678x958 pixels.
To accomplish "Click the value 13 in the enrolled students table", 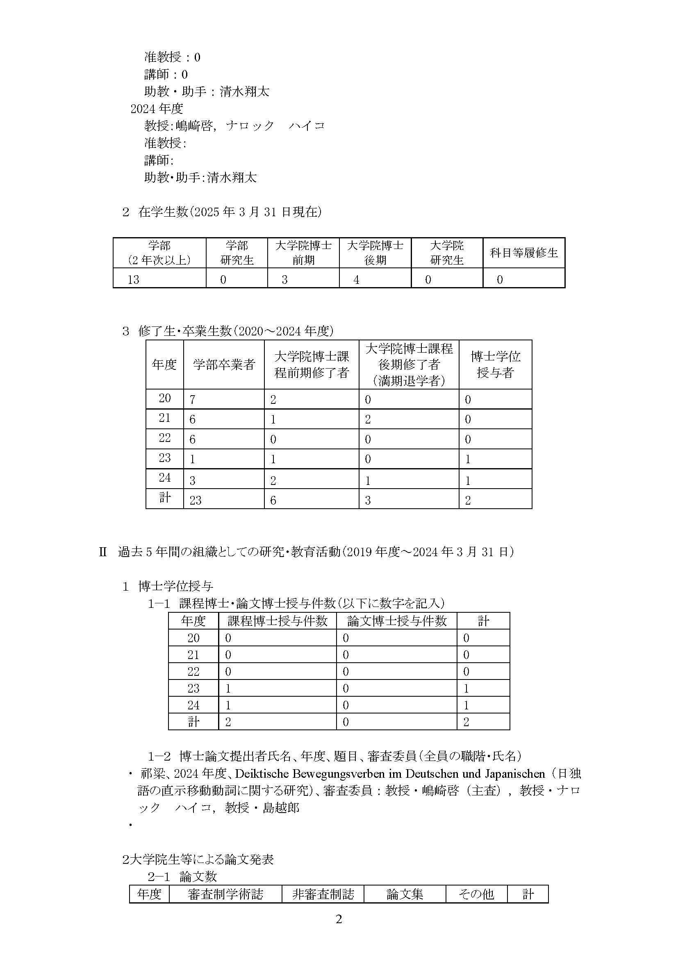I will click(x=134, y=280).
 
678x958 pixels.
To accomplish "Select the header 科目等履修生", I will click(x=523, y=253).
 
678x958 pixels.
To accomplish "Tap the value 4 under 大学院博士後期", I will click(x=356, y=280).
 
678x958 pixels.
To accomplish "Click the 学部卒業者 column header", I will click(x=224, y=365).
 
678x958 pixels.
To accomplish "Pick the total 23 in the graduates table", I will click(x=196, y=500).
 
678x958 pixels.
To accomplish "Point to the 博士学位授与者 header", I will click(x=495, y=364).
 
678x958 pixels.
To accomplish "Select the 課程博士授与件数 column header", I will click(x=277, y=621).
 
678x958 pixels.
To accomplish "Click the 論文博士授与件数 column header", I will click(x=397, y=621).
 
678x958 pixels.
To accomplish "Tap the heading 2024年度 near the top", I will click(x=157, y=109).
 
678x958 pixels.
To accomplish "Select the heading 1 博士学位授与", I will click(x=168, y=586).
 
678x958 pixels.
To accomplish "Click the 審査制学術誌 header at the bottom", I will click(x=225, y=894).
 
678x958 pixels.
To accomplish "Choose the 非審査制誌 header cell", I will click(x=323, y=894).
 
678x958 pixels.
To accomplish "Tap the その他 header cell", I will click(x=476, y=894).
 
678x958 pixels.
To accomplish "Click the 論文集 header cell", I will click(x=405, y=894).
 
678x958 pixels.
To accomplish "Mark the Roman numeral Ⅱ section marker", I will click(x=103, y=552).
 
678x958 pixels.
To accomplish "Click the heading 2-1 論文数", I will click(x=182, y=876).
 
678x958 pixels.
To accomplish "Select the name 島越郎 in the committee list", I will click(x=281, y=808).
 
